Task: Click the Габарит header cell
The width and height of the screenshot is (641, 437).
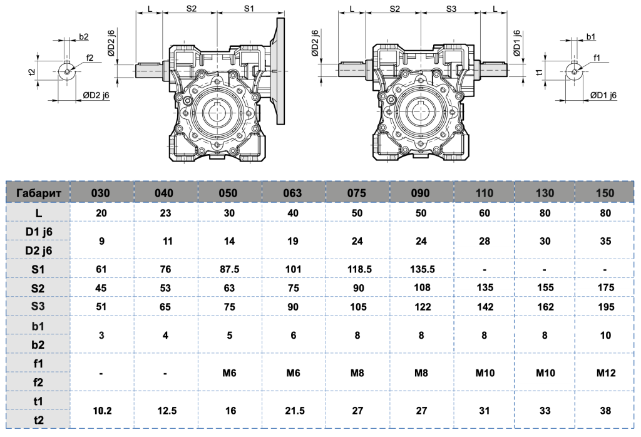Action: coord(38,193)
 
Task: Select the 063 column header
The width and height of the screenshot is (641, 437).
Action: coord(292,193)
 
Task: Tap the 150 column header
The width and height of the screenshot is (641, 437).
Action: coord(605,193)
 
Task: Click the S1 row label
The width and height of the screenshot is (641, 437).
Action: coord(38,269)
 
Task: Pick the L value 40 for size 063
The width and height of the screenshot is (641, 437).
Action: coord(292,213)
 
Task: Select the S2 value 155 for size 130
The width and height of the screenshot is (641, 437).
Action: coord(545,288)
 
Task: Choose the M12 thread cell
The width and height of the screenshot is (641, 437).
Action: coord(605,373)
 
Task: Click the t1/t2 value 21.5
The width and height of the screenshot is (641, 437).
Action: coord(292,411)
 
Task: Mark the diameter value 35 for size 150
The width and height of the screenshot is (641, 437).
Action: coord(605,241)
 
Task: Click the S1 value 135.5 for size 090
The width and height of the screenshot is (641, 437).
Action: coord(421,269)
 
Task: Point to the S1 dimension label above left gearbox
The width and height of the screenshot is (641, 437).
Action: coord(249,9)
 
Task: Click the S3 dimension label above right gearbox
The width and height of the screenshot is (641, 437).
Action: coord(451,9)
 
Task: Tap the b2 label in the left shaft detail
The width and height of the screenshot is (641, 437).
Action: coord(84,37)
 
